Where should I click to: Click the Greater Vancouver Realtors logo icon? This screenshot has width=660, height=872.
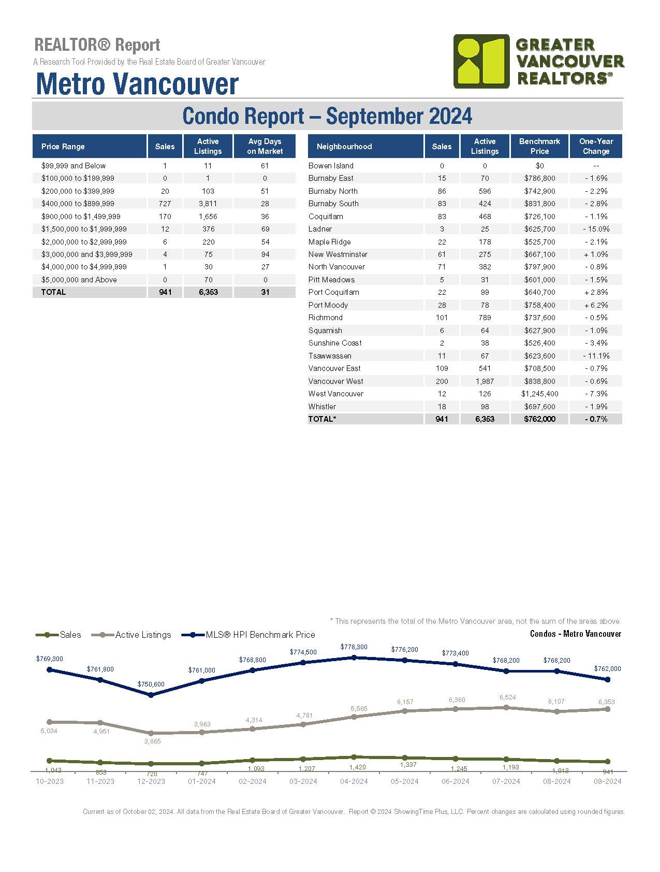click(481, 61)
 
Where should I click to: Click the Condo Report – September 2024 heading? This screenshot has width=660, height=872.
click(327, 116)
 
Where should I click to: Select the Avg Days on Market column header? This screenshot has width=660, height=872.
click(265, 146)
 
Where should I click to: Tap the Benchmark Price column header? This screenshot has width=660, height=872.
click(539, 146)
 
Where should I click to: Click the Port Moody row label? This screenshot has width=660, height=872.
click(328, 305)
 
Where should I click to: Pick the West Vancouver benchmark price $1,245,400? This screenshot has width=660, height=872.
click(539, 394)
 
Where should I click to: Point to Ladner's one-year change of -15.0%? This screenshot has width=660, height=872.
click(596, 229)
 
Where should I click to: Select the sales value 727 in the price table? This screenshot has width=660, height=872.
click(165, 204)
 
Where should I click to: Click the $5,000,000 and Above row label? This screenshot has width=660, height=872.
click(79, 280)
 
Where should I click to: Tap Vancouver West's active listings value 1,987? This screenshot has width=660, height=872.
click(485, 381)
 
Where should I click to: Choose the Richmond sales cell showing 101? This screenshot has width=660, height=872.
click(442, 318)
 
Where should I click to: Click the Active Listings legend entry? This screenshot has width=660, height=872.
click(131, 635)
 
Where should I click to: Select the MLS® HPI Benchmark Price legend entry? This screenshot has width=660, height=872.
click(249, 635)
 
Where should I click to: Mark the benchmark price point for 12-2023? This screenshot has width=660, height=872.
click(151, 695)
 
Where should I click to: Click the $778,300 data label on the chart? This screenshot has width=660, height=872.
click(354, 647)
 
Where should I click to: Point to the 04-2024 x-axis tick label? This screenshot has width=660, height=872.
click(354, 781)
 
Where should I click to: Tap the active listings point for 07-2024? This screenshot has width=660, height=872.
click(506, 707)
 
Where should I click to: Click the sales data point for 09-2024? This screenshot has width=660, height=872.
click(608, 762)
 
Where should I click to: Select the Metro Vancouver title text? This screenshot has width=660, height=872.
click(137, 84)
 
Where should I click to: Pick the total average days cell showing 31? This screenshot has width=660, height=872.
click(265, 292)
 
